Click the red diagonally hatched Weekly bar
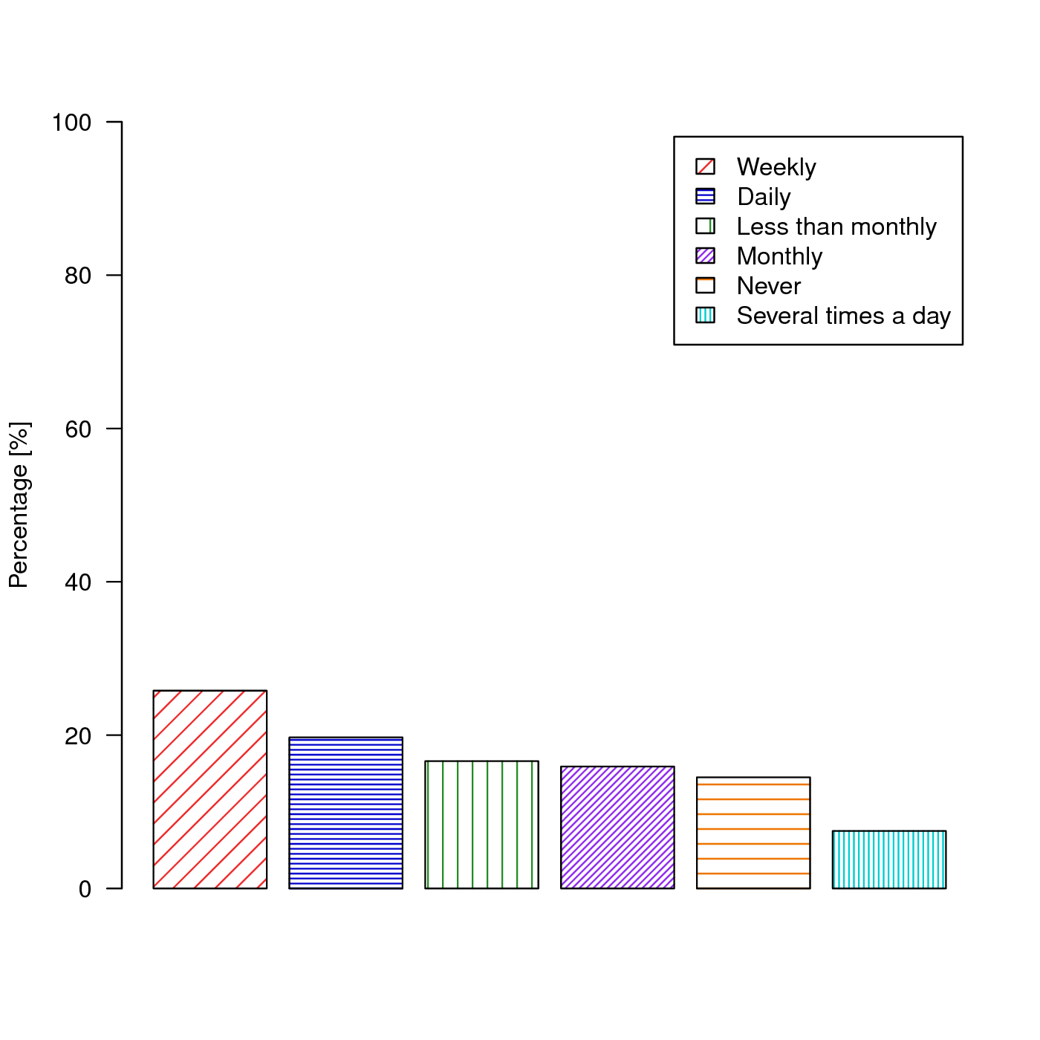209,789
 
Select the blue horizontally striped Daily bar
345,813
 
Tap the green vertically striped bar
481,825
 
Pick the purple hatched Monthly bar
617,827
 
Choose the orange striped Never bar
753,833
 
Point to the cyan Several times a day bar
889,859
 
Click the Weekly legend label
776,167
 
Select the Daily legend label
764,197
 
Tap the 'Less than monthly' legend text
836,227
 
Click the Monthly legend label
779,256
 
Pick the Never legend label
769,286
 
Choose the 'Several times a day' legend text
844,316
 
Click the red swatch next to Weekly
705,166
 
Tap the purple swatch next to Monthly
705,256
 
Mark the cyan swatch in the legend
705,315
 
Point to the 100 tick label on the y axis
71,123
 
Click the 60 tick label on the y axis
78,429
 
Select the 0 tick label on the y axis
85,889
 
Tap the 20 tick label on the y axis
78,736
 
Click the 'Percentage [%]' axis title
19,505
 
